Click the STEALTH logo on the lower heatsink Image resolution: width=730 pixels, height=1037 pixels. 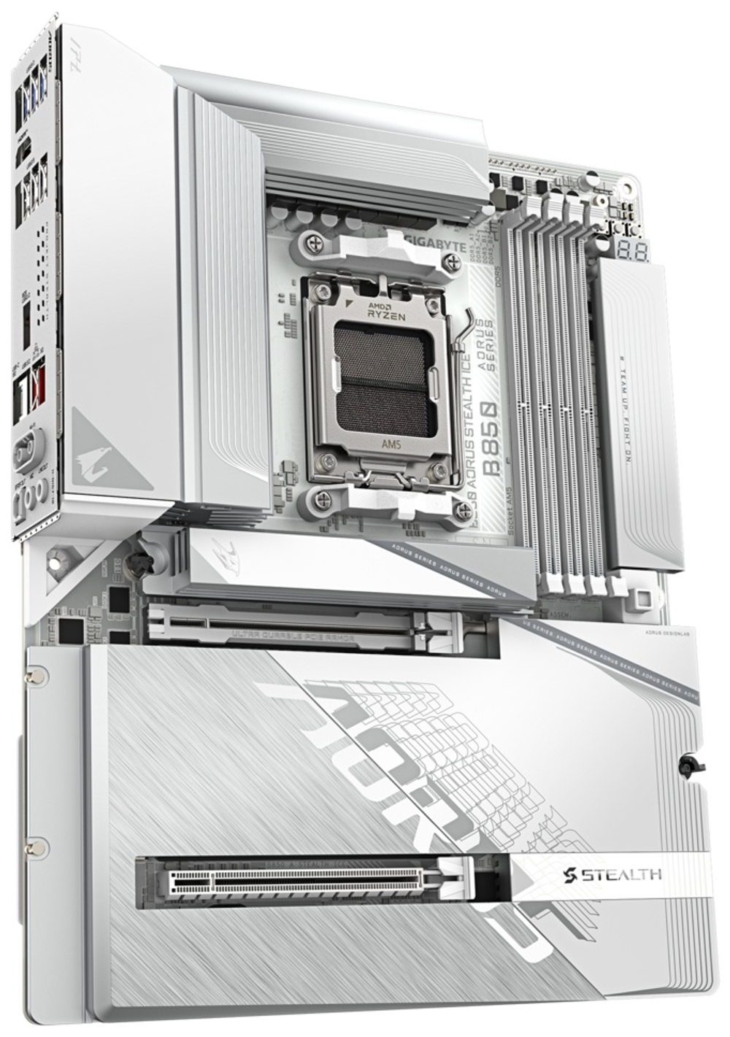click(x=613, y=873)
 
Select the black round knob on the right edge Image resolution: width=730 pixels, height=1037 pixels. click(x=688, y=764)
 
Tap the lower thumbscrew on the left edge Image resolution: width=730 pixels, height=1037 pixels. click(x=33, y=848)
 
